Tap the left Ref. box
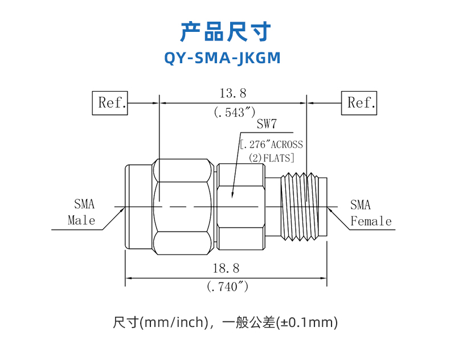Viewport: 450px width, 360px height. [x=111, y=103]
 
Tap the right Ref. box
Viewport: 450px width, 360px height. [x=359, y=103]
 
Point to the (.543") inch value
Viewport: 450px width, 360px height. [x=234, y=112]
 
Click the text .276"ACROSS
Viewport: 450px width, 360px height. [x=272, y=145]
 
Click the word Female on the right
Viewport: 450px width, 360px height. [x=371, y=221]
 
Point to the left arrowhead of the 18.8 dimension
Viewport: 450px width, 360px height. [x=128, y=278]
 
